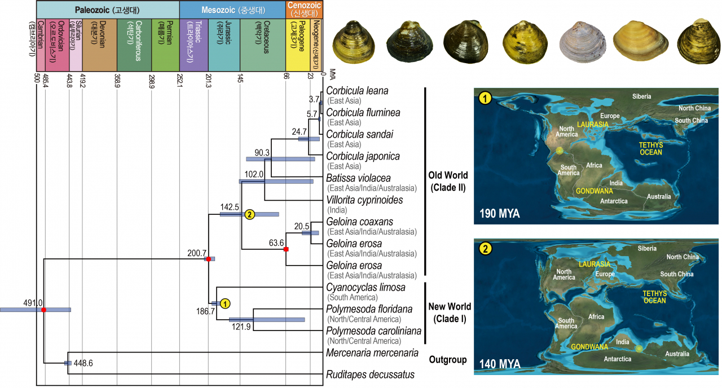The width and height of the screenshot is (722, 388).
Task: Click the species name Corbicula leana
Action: click(x=357, y=91)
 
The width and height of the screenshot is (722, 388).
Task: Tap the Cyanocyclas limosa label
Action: click(x=366, y=288)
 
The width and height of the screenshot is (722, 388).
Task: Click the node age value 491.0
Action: click(x=33, y=303)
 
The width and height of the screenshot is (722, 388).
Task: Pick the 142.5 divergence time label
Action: click(x=231, y=207)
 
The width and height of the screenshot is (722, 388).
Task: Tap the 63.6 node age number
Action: click(x=276, y=243)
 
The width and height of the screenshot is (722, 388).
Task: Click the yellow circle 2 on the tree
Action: click(x=250, y=214)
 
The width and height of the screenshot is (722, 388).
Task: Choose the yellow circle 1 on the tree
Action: click(x=224, y=303)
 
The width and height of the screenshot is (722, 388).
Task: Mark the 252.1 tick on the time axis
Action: click(x=179, y=78)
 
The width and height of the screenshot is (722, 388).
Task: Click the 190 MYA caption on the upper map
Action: click(x=500, y=214)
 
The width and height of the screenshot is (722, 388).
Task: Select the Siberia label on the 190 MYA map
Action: click(x=642, y=96)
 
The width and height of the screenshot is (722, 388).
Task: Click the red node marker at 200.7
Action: click(x=209, y=259)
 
